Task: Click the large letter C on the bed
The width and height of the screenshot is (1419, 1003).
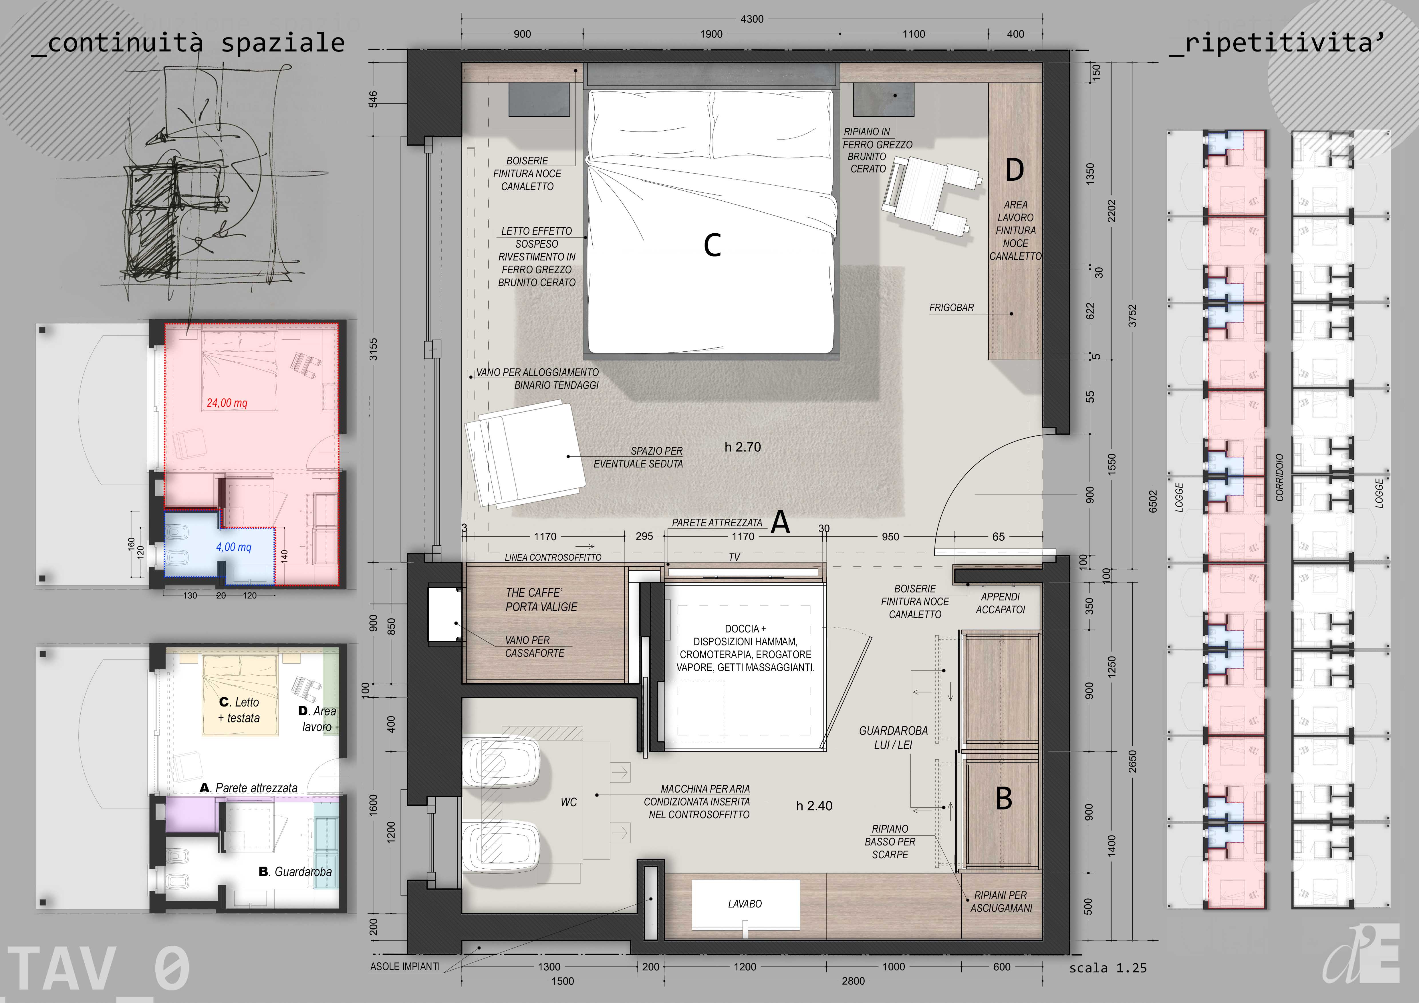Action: coord(713,245)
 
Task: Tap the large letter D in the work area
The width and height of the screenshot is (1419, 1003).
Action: coord(1015,170)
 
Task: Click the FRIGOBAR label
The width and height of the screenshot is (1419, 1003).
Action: coord(951,308)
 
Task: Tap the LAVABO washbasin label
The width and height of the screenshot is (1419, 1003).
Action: coord(745,904)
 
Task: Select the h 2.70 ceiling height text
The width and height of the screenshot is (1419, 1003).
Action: coord(743,447)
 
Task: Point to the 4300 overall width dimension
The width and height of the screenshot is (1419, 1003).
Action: coord(752,19)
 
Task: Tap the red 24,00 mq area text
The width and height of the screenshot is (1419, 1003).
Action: coord(227,403)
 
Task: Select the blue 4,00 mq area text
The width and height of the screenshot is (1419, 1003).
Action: coord(234,547)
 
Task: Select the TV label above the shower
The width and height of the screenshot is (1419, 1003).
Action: coord(734,557)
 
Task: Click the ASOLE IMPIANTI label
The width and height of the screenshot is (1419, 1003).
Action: coord(405,967)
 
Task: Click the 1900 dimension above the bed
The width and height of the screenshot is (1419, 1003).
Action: coord(711,34)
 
